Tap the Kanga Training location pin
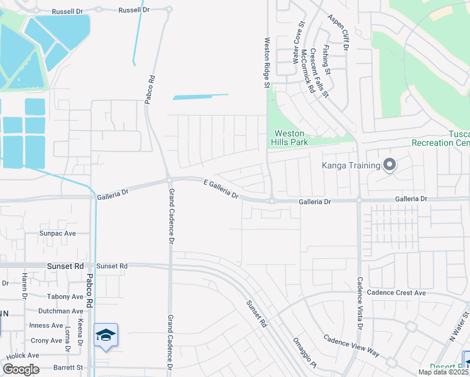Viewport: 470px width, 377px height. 390,165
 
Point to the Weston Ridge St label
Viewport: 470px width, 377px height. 266,62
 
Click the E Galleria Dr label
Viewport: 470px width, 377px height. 221,189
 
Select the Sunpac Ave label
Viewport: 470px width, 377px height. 57,233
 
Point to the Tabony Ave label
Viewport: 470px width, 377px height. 65,297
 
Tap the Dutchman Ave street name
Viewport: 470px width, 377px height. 60,311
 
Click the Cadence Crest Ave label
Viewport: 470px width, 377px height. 396,293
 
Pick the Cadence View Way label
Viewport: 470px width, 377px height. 351,346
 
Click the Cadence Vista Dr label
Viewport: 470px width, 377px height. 360,303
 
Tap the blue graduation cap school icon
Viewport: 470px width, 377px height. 106,335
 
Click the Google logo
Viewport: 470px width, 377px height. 21,369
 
